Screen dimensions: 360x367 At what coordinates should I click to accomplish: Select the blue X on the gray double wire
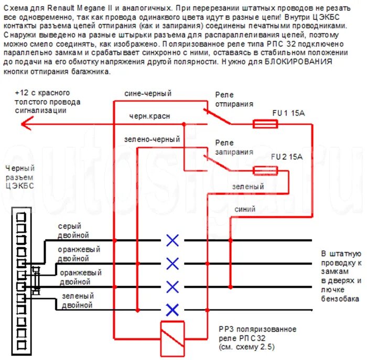172,241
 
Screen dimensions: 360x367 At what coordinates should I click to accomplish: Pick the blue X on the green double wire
172,309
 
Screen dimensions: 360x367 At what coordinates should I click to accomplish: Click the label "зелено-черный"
152,139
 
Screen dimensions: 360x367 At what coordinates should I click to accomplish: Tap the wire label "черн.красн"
150,116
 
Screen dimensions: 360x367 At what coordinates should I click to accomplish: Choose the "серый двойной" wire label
73,231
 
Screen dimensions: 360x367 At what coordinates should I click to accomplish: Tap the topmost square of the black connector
21,216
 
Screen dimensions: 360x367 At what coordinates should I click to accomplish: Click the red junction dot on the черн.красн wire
184,124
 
